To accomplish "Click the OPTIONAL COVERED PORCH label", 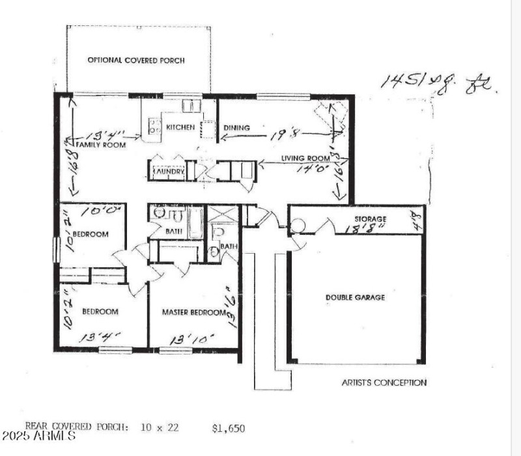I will pyautogui.click(x=136, y=60).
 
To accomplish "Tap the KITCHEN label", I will pyautogui.click(x=180, y=127).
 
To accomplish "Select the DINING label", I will pyautogui.click(x=236, y=127).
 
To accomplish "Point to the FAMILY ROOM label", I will pyautogui.click(x=102, y=145).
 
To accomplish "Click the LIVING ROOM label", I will pyautogui.click(x=305, y=158).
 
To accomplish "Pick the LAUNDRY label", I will pyautogui.click(x=168, y=172).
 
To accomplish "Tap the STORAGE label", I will pyautogui.click(x=371, y=219).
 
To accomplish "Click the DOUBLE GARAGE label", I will pyautogui.click(x=355, y=297).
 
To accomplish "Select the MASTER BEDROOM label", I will pyautogui.click(x=193, y=312).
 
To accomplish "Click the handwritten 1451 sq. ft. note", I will pyautogui.click(x=440, y=84).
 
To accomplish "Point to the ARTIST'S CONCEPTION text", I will pyautogui.click(x=384, y=382).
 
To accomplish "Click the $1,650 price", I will pyautogui.click(x=228, y=428).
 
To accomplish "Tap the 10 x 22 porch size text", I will pyautogui.click(x=159, y=428).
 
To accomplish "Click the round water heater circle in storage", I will pyautogui.click(x=298, y=225).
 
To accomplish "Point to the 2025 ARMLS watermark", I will pyautogui.click(x=39, y=435).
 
